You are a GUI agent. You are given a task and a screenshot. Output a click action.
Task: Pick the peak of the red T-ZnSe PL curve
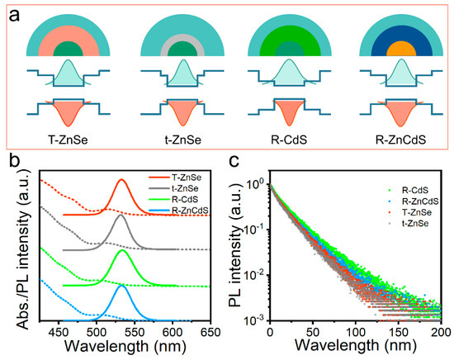click(122, 180)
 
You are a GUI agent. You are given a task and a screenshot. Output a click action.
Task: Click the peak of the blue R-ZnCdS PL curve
click(122, 287)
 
